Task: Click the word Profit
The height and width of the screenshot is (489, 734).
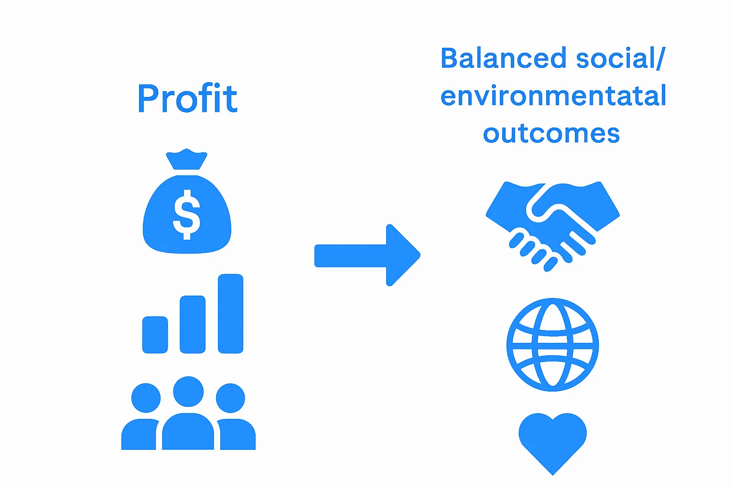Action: point(187,98)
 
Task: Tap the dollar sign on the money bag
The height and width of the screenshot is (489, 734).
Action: point(186,214)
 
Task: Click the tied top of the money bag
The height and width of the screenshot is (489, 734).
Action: point(186,159)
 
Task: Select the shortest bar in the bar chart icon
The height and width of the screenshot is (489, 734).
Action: point(155,335)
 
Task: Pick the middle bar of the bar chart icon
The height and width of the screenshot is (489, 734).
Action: point(193,324)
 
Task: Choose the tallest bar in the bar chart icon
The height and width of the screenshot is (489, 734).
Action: point(230,313)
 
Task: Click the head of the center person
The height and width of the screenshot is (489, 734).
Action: point(188,392)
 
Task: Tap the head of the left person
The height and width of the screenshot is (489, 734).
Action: point(146,398)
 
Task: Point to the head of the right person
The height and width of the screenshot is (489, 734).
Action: point(230,398)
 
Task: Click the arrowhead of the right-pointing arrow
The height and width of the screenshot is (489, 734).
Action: point(401,255)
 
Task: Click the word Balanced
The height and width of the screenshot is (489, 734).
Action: point(503,58)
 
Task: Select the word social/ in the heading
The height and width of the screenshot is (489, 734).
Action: point(620,58)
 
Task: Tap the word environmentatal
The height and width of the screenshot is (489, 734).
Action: point(553,96)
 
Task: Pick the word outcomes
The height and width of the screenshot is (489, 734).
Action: point(551,134)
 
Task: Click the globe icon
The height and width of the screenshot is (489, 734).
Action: point(552,344)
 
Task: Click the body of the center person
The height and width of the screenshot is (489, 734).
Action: point(188,432)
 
